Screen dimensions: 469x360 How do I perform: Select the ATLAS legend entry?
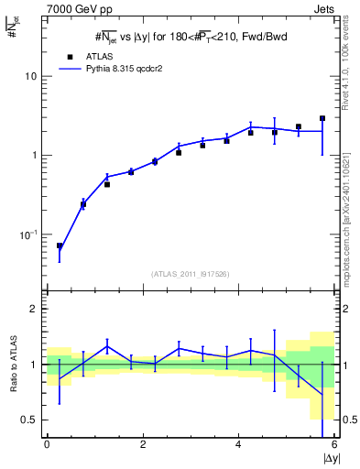(92, 55)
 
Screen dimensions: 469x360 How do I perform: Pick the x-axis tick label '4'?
(239, 445)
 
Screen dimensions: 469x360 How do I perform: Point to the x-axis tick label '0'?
(47, 445)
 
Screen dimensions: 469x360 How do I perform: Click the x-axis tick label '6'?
(334, 445)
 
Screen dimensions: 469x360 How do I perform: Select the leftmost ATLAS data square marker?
(60, 245)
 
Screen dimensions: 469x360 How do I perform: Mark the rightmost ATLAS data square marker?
(322, 118)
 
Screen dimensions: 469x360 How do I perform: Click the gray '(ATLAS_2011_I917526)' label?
(191, 274)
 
